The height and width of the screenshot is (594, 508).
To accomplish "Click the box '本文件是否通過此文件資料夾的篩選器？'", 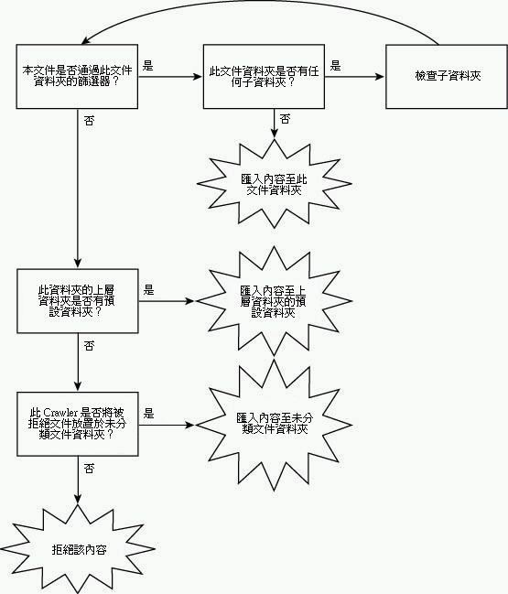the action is pyautogui.click(x=77, y=77).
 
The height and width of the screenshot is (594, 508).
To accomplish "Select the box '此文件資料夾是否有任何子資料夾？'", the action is pyautogui.click(x=264, y=77).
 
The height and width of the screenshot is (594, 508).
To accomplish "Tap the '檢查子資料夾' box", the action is pyautogui.click(x=447, y=77).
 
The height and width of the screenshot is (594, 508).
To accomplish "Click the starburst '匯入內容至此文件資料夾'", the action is pyautogui.click(x=274, y=184).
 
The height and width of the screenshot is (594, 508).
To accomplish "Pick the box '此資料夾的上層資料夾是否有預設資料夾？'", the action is pyautogui.click(x=77, y=301).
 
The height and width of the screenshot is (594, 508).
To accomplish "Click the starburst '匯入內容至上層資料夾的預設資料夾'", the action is pyautogui.click(x=274, y=301).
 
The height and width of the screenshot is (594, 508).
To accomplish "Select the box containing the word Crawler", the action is pyautogui.click(x=77, y=424).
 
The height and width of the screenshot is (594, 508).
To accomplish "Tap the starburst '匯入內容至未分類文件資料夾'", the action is pyautogui.click(x=274, y=425).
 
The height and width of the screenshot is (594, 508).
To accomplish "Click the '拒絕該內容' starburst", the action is pyautogui.click(x=78, y=549).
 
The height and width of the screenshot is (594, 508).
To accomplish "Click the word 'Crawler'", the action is pyautogui.click(x=60, y=413).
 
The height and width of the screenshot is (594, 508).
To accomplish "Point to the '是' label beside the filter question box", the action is pyautogui.click(x=147, y=66).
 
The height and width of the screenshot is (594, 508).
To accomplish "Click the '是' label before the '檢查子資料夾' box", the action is pyautogui.click(x=335, y=66).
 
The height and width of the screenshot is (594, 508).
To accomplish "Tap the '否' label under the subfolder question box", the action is pyautogui.click(x=286, y=119).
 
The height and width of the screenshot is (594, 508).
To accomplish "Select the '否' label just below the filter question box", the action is pyautogui.click(x=89, y=121).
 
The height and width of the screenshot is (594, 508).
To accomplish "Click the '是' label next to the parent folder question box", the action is pyautogui.click(x=148, y=290).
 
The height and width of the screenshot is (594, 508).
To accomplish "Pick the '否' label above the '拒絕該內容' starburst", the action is pyautogui.click(x=89, y=469).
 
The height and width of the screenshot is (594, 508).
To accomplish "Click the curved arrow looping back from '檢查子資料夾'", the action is pyautogui.click(x=262, y=2).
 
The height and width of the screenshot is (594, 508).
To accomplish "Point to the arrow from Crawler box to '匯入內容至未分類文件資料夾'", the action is pyautogui.click(x=167, y=425).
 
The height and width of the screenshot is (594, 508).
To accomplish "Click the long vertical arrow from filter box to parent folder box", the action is pyautogui.click(x=78, y=189).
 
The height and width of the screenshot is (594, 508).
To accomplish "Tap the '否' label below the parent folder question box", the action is pyautogui.click(x=89, y=345).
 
